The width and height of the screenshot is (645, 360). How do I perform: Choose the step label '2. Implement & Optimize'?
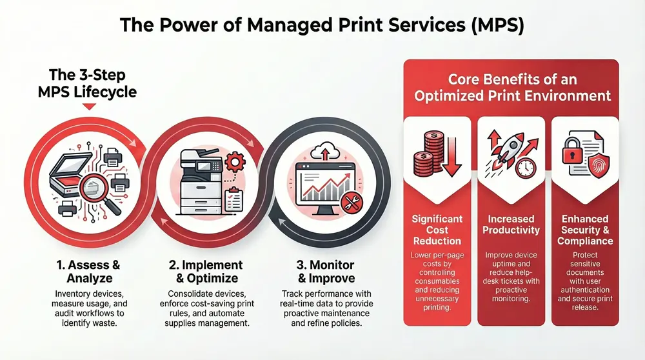pos(207,271)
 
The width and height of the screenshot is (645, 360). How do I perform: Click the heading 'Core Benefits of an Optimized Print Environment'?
pos(513,88)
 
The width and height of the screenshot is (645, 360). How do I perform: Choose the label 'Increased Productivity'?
pos(511,225)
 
